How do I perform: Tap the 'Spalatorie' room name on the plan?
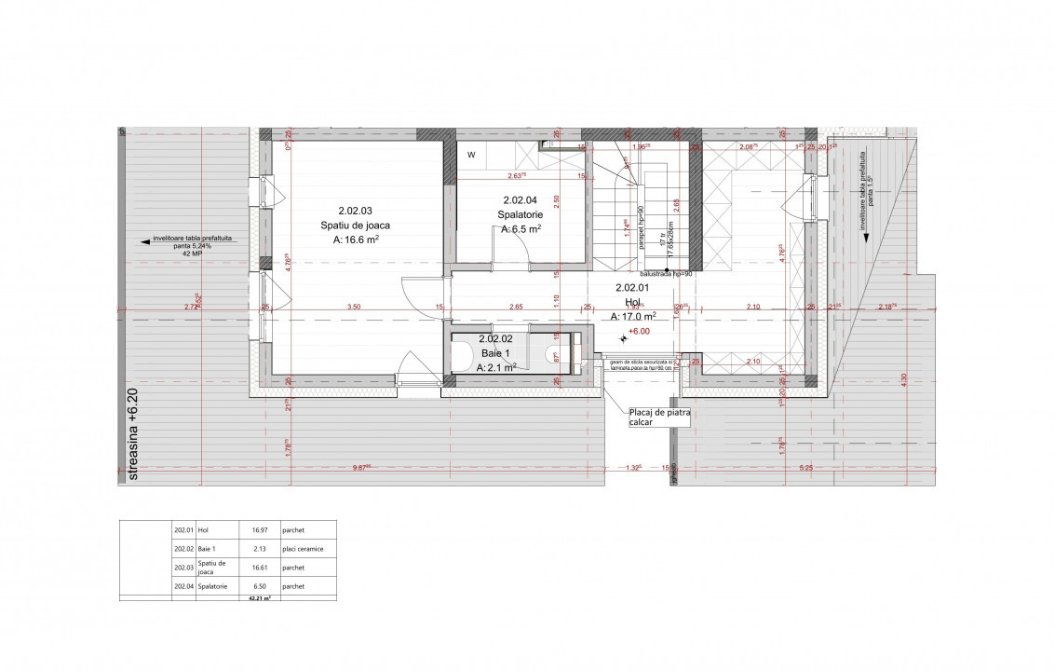pos(521,214)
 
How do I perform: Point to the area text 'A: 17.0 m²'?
pos(633,316)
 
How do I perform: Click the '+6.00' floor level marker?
pos(639,331)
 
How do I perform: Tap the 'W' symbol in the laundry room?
pos(471,155)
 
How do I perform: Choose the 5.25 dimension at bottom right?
pos(806,468)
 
